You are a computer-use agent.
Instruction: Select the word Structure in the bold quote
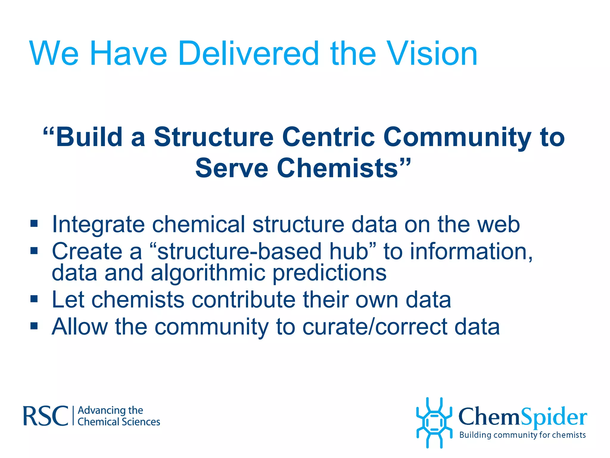(x=214, y=137)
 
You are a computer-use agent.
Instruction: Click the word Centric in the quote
(x=328, y=137)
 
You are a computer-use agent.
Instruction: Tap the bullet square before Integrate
(x=34, y=223)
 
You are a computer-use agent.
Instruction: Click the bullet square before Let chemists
(x=34, y=298)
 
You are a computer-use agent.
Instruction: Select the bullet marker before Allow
(x=34, y=326)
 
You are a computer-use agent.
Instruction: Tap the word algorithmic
(x=208, y=273)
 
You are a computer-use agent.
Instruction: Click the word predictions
(x=329, y=273)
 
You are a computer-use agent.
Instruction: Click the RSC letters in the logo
(x=46, y=416)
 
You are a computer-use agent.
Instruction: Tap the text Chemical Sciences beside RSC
(x=119, y=422)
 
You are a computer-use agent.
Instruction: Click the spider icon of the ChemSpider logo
(x=434, y=423)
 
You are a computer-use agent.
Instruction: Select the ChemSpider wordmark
(x=522, y=417)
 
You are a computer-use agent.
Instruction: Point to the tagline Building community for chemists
(x=522, y=435)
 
